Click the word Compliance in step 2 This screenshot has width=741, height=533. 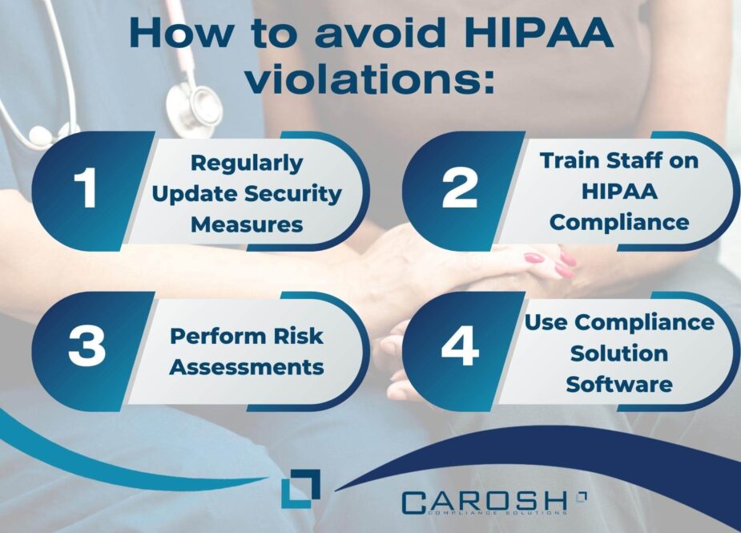(619, 221)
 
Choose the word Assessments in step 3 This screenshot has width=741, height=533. (247, 367)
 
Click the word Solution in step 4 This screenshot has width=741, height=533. (618, 353)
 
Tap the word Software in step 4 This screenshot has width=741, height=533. (618, 383)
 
